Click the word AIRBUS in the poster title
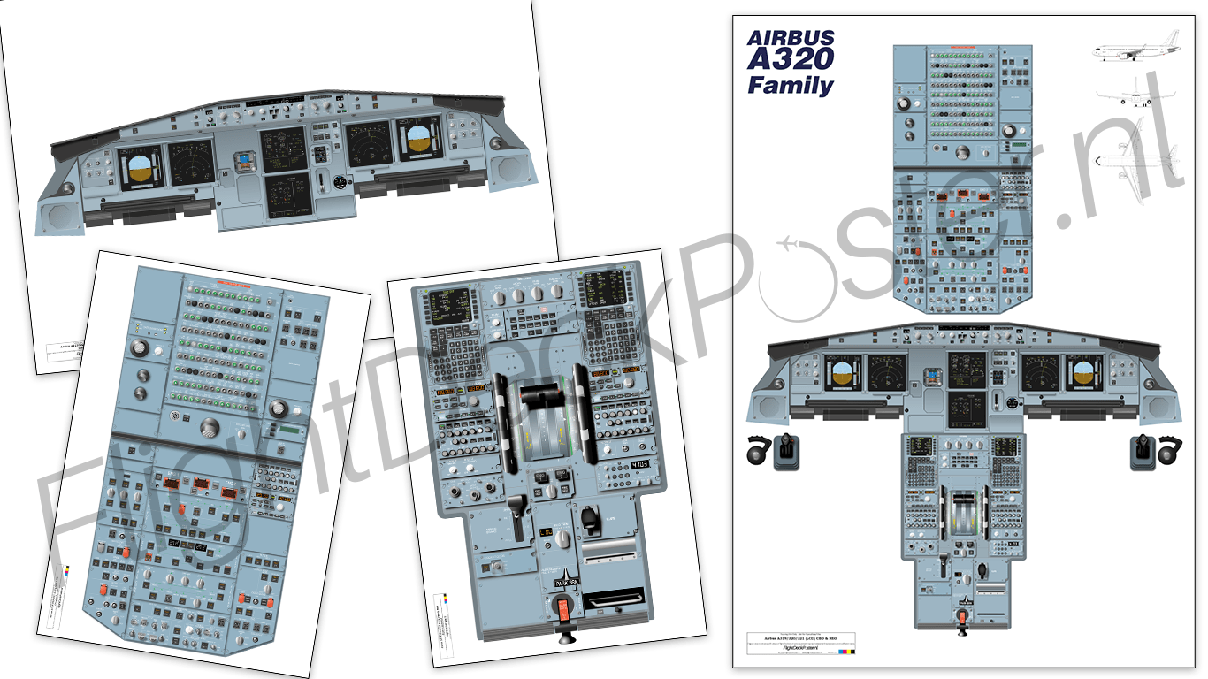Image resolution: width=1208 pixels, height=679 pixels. pyautogui.click(x=790, y=38)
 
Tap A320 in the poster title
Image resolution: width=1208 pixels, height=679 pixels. pyautogui.click(x=790, y=60)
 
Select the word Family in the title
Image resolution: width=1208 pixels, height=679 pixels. pyautogui.click(x=790, y=86)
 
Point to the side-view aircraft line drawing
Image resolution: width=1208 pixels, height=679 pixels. pyautogui.click(x=1129, y=53)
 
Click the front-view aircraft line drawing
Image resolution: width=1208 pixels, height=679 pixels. pyautogui.click(x=1131, y=93)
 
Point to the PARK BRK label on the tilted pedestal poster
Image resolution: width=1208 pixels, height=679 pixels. pyautogui.click(x=564, y=581)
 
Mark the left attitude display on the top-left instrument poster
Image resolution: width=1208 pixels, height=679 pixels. pyautogui.click(x=140, y=168)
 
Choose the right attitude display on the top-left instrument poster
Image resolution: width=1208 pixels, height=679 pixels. pyautogui.click(x=421, y=141)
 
